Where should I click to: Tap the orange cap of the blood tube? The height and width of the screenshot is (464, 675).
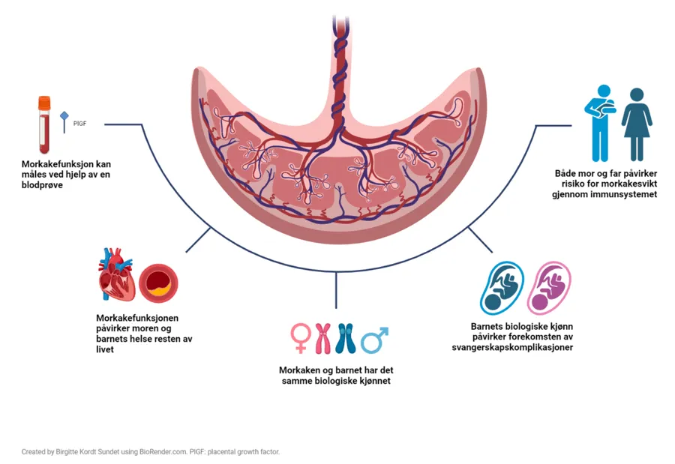44,101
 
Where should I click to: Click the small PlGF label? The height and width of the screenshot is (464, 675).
79,122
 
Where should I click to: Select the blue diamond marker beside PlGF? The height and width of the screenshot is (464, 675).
64,116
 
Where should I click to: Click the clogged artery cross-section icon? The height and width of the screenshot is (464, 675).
159,283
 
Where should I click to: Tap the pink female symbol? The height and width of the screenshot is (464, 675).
300,337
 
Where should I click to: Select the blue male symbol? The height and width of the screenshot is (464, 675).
374,339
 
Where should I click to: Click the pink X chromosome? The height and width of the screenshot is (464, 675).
323,338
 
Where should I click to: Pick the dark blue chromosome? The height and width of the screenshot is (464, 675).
345,338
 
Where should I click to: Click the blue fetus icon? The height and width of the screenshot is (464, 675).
502,288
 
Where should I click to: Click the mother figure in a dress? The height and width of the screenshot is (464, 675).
637,124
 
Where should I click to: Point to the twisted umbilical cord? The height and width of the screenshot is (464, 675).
340,67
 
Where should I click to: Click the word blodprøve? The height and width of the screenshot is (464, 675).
42,185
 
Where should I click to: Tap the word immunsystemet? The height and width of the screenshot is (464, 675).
617,194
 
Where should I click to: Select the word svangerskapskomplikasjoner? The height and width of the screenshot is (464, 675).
513,349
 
